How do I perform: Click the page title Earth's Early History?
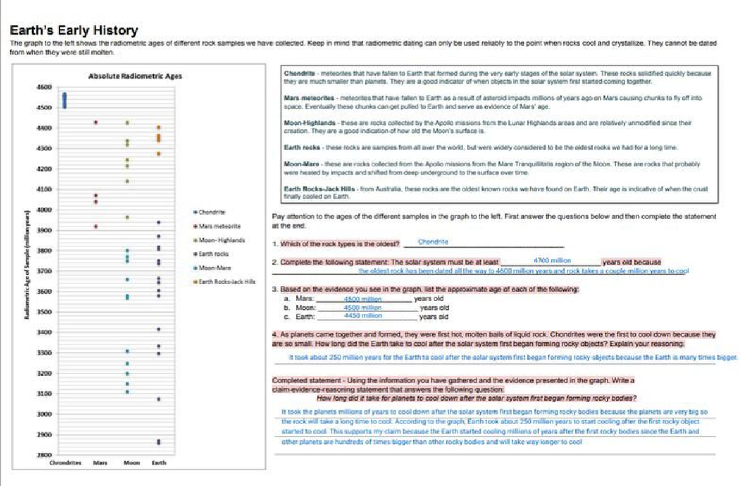click(x=74, y=30)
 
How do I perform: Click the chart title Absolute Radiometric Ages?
click(x=135, y=76)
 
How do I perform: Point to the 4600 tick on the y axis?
click(x=44, y=88)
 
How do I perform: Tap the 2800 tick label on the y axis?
click(x=44, y=455)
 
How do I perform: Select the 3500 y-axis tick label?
click(x=44, y=312)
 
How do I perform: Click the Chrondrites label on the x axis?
click(x=65, y=463)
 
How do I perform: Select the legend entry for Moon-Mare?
click(x=215, y=268)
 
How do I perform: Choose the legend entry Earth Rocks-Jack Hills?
click(x=227, y=281)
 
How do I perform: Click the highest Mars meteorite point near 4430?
click(x=96, y=123)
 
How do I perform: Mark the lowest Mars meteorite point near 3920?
click(x=96, y=226)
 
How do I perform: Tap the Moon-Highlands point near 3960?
click(x=127, y=218)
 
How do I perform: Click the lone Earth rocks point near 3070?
click(x=159, y=399)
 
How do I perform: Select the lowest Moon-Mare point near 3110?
click(x=127, y=392)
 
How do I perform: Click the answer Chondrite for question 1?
click(x=432, y=241)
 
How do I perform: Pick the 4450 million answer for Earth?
click(x=364, y=316)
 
